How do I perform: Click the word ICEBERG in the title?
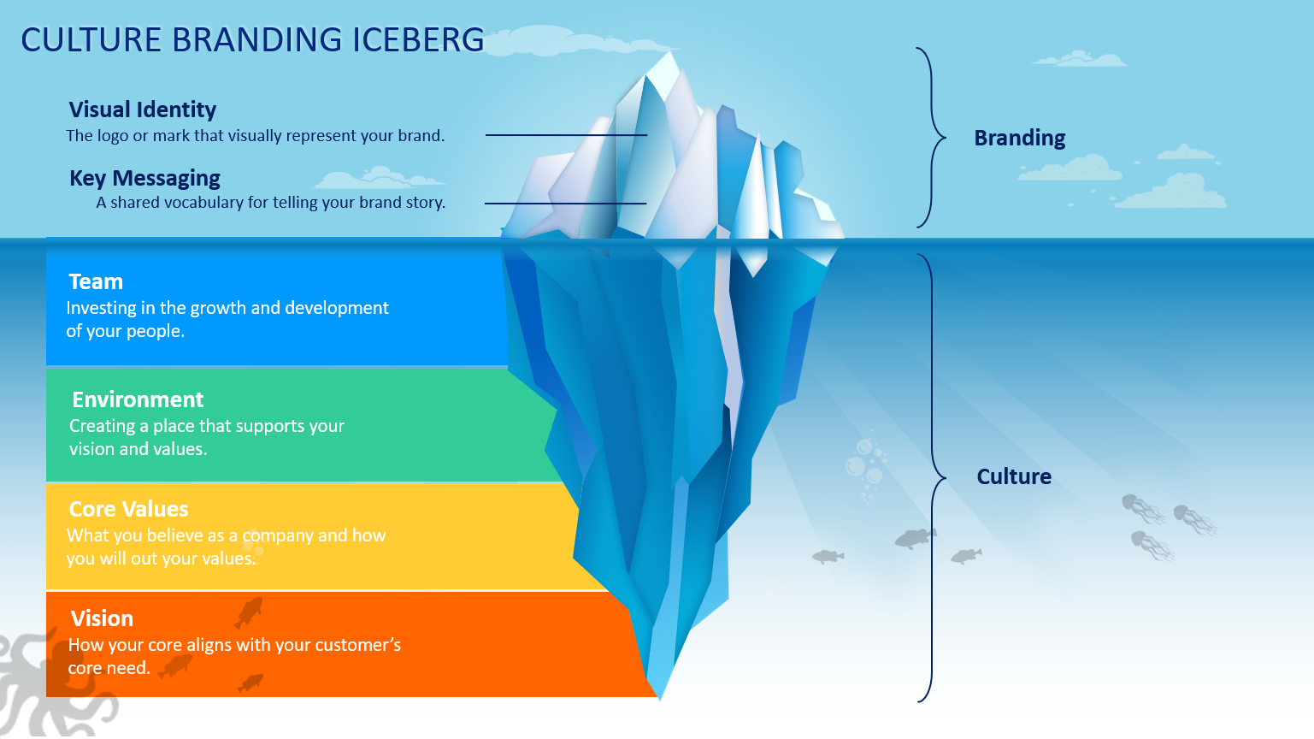pyautogui.click(x=418, y=40)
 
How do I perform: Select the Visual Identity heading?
pyautogui.click(x=143, y=109)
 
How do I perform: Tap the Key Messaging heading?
pyautogui.click(x=144, y=179)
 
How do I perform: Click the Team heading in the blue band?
pyautogui.click(x=96, y=281)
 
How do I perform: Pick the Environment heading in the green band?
pyautogui.click(x=138, y=399)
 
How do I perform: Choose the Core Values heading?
pyautogui.click(x=128, y=510)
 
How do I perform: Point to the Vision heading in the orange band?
pyautogui.click(x=102, y=618)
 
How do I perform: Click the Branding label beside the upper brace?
pyautogui.click(x=1020, y=138)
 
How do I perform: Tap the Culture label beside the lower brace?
pyautogui.click(x=1014, y=476)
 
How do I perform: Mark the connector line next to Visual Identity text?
pyautogui.click(x=566, y=135)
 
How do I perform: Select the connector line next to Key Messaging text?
pyautogui.click(x=565, y=204)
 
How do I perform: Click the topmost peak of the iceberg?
pyautogui.click(x=670, y=53)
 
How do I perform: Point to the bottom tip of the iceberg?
pyautogui.click(x=660, y=699)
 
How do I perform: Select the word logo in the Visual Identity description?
pyautogui.click(x=113, y=137)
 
